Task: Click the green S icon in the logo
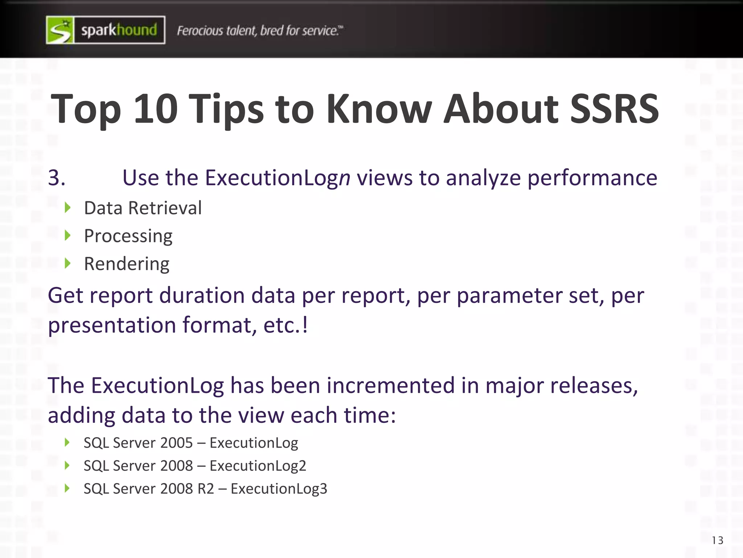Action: point(60,30)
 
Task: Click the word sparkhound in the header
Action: point(119,30)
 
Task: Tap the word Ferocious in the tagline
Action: point(200,31)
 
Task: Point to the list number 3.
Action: point(57,178)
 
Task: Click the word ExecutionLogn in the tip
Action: point(278,178)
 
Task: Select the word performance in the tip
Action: point(592,178)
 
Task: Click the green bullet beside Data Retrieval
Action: point(67,208)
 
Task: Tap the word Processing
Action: point(128,236)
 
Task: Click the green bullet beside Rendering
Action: point(67,263)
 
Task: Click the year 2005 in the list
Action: point(176,443)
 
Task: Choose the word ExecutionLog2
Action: point(258,466)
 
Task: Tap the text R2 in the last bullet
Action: point(206,489)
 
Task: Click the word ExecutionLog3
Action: point(279,489)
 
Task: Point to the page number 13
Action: point(717,541)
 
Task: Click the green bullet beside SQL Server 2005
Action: point(67,442)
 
